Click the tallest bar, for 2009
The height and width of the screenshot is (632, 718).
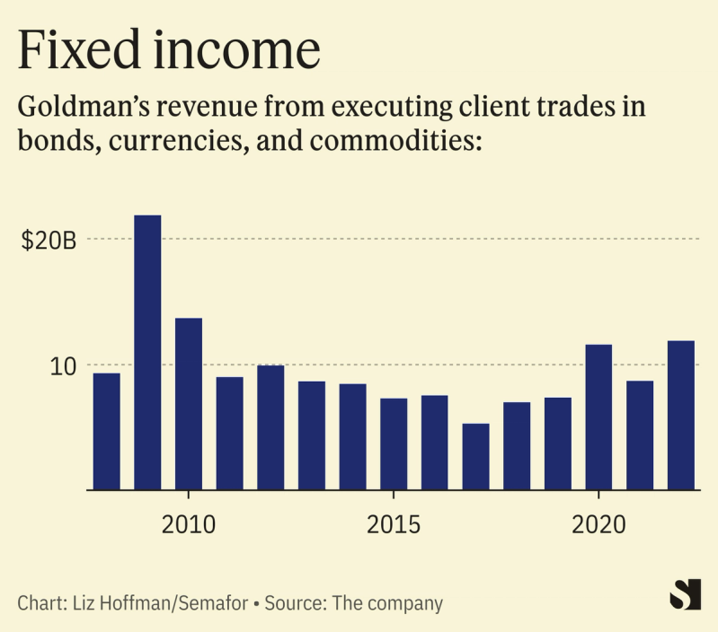point(147,352)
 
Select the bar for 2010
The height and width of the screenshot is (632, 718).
point(189,404)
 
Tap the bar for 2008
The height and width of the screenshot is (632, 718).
point(107,431)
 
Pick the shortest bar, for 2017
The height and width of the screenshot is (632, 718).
point(476,456)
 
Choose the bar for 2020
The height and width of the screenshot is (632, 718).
point(598,417)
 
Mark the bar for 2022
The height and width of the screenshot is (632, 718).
point(680,415)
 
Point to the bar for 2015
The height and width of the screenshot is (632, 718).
point(394,443)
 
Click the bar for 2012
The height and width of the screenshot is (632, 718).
point(270,427)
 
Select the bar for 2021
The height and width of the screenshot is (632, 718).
point(640,435)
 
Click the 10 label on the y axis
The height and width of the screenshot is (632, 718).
point(65,366)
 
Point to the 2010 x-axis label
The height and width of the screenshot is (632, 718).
point(189,525)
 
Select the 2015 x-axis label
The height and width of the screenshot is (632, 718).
point(394,525)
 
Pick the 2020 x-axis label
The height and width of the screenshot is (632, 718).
point(598,525)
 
